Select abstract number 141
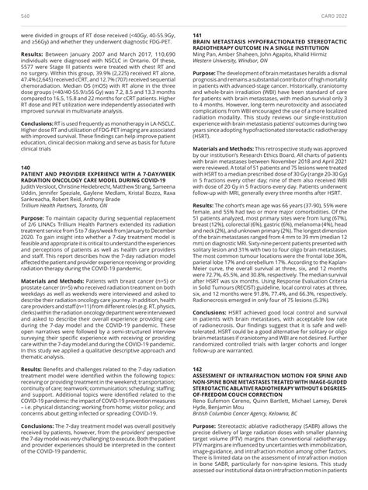(x=197, y=36)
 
